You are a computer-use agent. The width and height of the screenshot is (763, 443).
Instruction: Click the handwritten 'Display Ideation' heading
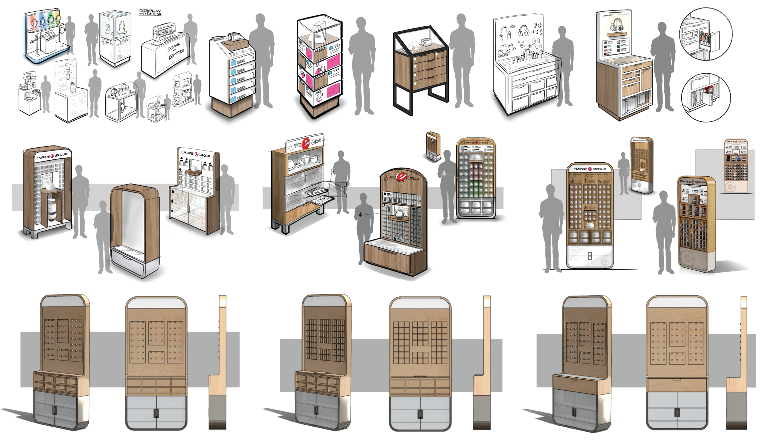tap(150, 13)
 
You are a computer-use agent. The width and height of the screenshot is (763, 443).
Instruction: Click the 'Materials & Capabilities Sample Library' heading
tap(590, 175)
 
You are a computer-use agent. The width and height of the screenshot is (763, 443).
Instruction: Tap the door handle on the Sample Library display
tap(590, 256)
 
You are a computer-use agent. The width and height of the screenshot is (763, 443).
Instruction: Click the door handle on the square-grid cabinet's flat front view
tap(420, 414)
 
